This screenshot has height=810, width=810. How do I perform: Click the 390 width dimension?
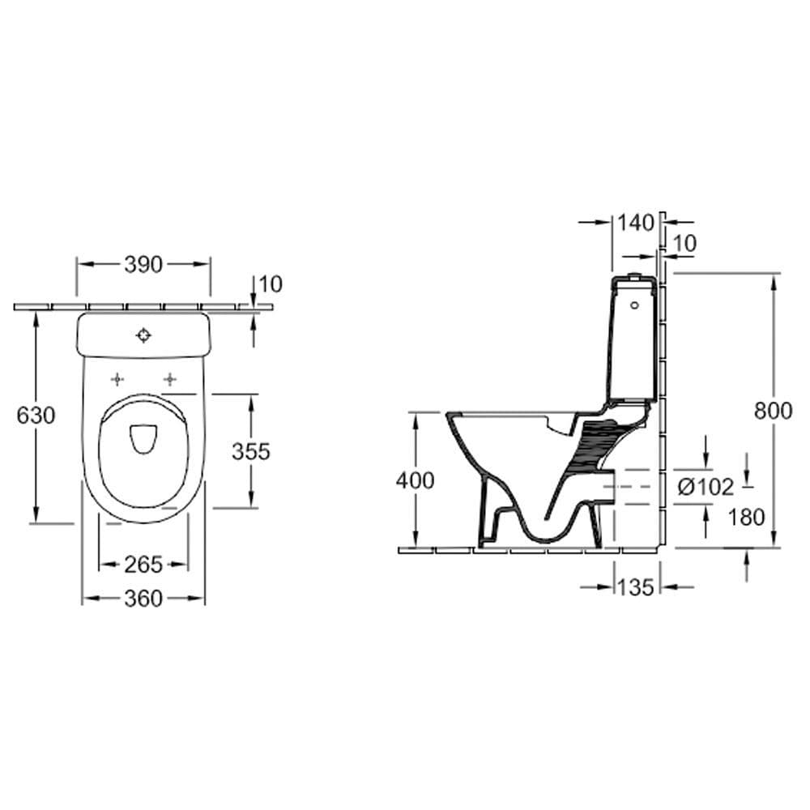pyautogui.click(x=143, y=265)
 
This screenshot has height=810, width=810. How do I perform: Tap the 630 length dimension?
pyautogui.click(x=36, y=416)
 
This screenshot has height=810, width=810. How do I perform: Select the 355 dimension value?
pyautogui.click(x=251, y=451)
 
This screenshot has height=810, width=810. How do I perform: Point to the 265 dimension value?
pyautogui.click(x=143, y=565)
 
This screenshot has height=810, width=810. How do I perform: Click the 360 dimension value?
pyautogui.click(x=143, y=599)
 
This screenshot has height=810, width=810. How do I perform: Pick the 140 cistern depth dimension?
pyautogui.click(x=636, y=223)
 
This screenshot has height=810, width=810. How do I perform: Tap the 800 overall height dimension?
pyautogui.click(x=773, y=411)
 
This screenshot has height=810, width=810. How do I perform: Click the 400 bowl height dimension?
pyautogui.click(x=416, y=481)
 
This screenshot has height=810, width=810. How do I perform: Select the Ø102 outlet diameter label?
pyautogui.click(x=706, y=487)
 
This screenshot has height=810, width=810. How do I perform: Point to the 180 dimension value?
pyautogui.click(x=746, y=517)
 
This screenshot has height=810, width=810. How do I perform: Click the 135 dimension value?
pyautogui.click(x=635, y=587)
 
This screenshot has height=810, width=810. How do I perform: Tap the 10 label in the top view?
pyautogui.click(x=271, y=284)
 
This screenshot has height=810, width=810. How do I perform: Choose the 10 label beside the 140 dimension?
pyautogui.click(x=685, y=243)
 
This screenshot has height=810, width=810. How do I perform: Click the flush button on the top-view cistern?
pyautogui.click(x=143, y=335)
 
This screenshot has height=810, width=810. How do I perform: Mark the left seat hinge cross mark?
pyautogui.click(x=117, y=380)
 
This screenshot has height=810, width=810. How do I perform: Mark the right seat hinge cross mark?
pyautogui.click(x=169, y=380)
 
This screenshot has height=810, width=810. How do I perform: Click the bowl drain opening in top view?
pyautogui.click(x=143, y=439)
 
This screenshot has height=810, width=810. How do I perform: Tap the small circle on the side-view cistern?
pyautogui.click(x=635, y=305)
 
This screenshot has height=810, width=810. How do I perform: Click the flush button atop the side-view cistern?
pyautogui.click(x=634, y=275)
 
